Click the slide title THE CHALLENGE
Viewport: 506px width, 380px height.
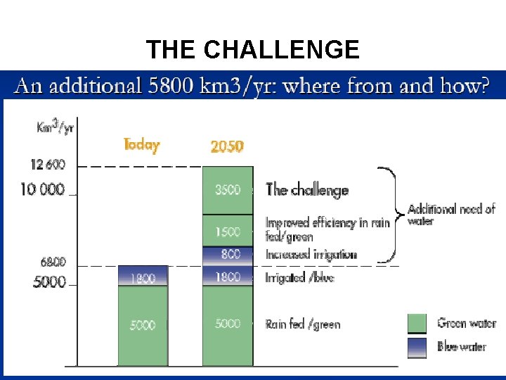coord(253,50)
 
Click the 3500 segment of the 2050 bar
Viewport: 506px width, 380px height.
coord(228,190)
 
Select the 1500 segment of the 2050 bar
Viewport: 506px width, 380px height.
coord(228,231)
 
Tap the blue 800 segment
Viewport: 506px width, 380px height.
coord(228,255)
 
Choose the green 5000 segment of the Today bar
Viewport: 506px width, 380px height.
coord(143,325)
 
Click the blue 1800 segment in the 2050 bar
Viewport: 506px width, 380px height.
coord(228,277)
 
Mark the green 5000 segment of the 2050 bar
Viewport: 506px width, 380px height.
coord(228,324)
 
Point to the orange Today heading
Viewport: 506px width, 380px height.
coord(141,145)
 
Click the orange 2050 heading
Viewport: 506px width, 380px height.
coord(227,146)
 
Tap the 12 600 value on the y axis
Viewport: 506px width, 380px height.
coord(48,165)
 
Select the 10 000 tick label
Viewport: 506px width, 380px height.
coord(42,189)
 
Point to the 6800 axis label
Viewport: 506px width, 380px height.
coord(52,262)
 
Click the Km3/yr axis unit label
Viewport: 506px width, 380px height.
coord(55,128)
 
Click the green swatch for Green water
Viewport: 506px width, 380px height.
coord(417,324)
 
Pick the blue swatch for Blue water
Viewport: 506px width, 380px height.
coord(417,346)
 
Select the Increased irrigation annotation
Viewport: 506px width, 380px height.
coord(311,255)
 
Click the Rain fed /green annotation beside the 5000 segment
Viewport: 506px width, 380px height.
coord(303,324)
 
